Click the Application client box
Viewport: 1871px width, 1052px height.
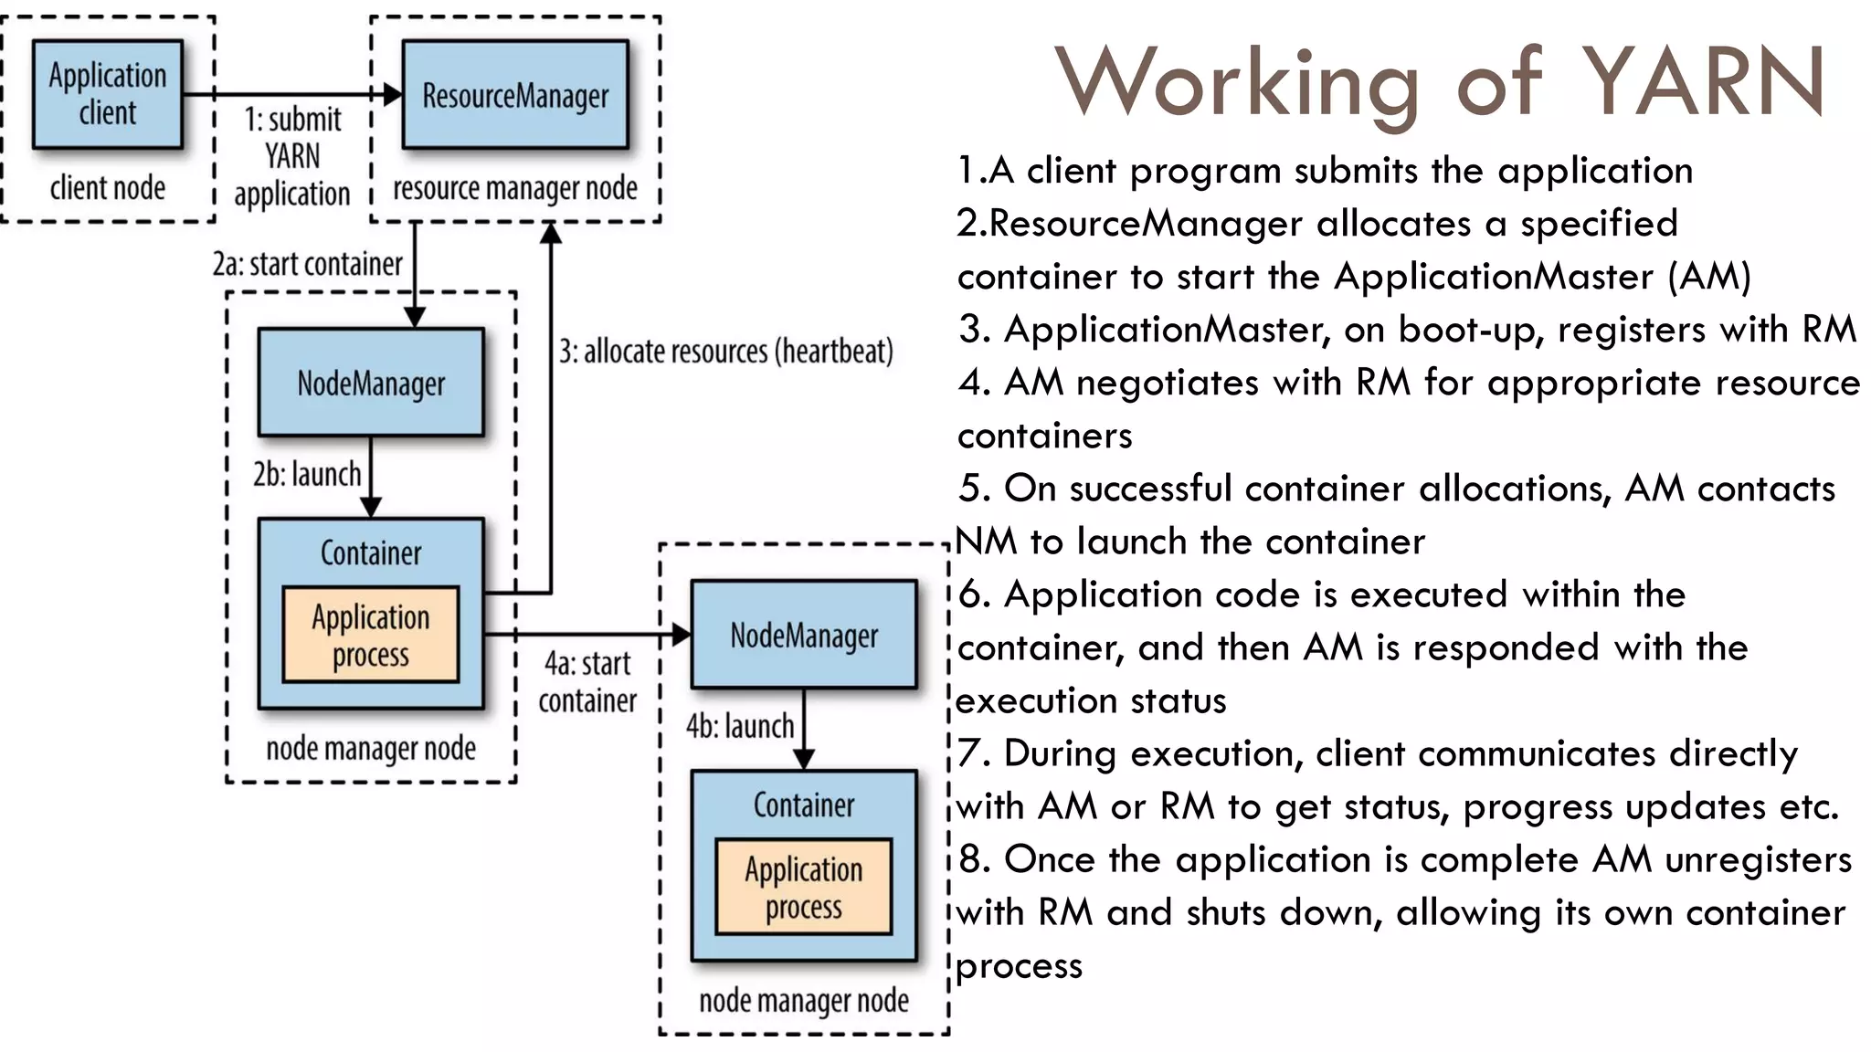click(x=108, y=94)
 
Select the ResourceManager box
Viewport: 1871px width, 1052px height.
click(x=515, y=94)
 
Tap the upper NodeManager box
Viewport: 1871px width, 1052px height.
click(x=371, y=383)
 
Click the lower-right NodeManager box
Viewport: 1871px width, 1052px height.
click(x=804, y=635)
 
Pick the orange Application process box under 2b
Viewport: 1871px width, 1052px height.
click(x=371, y=636)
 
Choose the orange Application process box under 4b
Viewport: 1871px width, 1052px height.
click(x=804, y=888)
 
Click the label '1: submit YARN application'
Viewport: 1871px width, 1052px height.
click(x=292, y=156)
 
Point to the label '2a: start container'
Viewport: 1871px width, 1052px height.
click(x=308, y=264)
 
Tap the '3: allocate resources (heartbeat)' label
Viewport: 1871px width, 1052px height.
click(x=725, y=352)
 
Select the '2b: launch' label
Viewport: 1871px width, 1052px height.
click(x=308, y=475)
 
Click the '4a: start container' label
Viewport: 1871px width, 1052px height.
click(x=587, y=682)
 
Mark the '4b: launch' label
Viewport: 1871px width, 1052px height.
click(x=740, y=727)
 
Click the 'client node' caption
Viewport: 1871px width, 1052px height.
click(x=108, y=188)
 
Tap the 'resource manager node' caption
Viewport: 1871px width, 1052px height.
click(x=515, y=188)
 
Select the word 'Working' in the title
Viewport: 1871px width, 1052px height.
click(x=1237, y=84)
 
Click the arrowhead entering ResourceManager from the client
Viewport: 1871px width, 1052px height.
click(x=393, y=94)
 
